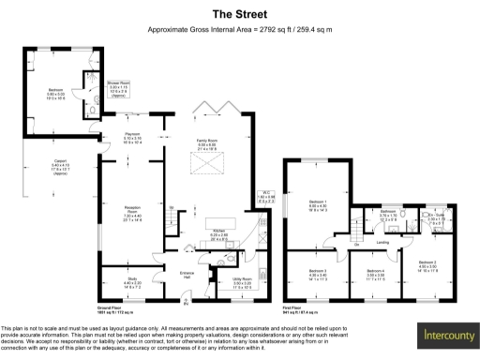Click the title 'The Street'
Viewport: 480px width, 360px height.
240,14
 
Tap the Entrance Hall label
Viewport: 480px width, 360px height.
187,276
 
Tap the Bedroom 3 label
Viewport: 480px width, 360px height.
319,275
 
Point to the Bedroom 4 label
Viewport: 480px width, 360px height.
378,275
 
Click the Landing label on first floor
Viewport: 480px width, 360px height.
382,242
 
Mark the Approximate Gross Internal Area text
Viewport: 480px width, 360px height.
240,30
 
